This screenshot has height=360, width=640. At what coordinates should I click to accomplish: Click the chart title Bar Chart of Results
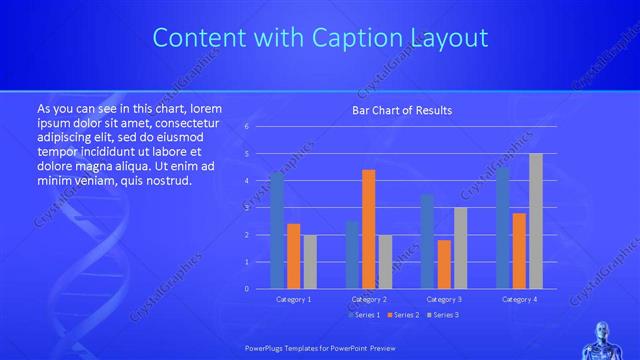click(401, 110)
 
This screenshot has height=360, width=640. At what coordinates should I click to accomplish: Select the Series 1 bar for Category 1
click(277, 231)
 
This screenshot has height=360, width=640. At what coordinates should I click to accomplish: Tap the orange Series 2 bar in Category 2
click(369, 229)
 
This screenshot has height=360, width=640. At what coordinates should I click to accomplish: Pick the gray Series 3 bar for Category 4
click(536, 221)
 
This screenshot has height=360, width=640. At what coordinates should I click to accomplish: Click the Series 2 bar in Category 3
click(444, 264)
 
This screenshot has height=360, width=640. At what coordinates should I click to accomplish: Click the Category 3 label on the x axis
click(444, 299)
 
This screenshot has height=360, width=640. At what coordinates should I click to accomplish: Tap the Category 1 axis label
click(293, 299)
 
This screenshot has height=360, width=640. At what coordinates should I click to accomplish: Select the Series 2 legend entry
click(403, 315)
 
